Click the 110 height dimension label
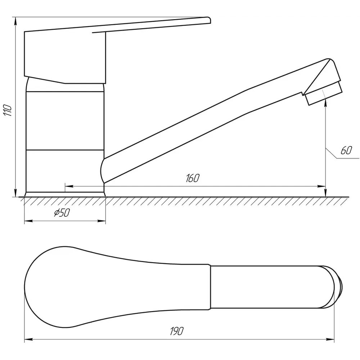click(x=8, y=111)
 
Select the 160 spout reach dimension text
click(x=193, y=178)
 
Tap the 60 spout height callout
click(x=346, y=150)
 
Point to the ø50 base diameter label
click(x=62, y=213)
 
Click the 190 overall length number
click(x=177, y=331)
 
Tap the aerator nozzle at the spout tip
click(x=324, y=94)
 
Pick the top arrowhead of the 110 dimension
click(x=15, y=21)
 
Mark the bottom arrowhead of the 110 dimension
click(x=15, y=193)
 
